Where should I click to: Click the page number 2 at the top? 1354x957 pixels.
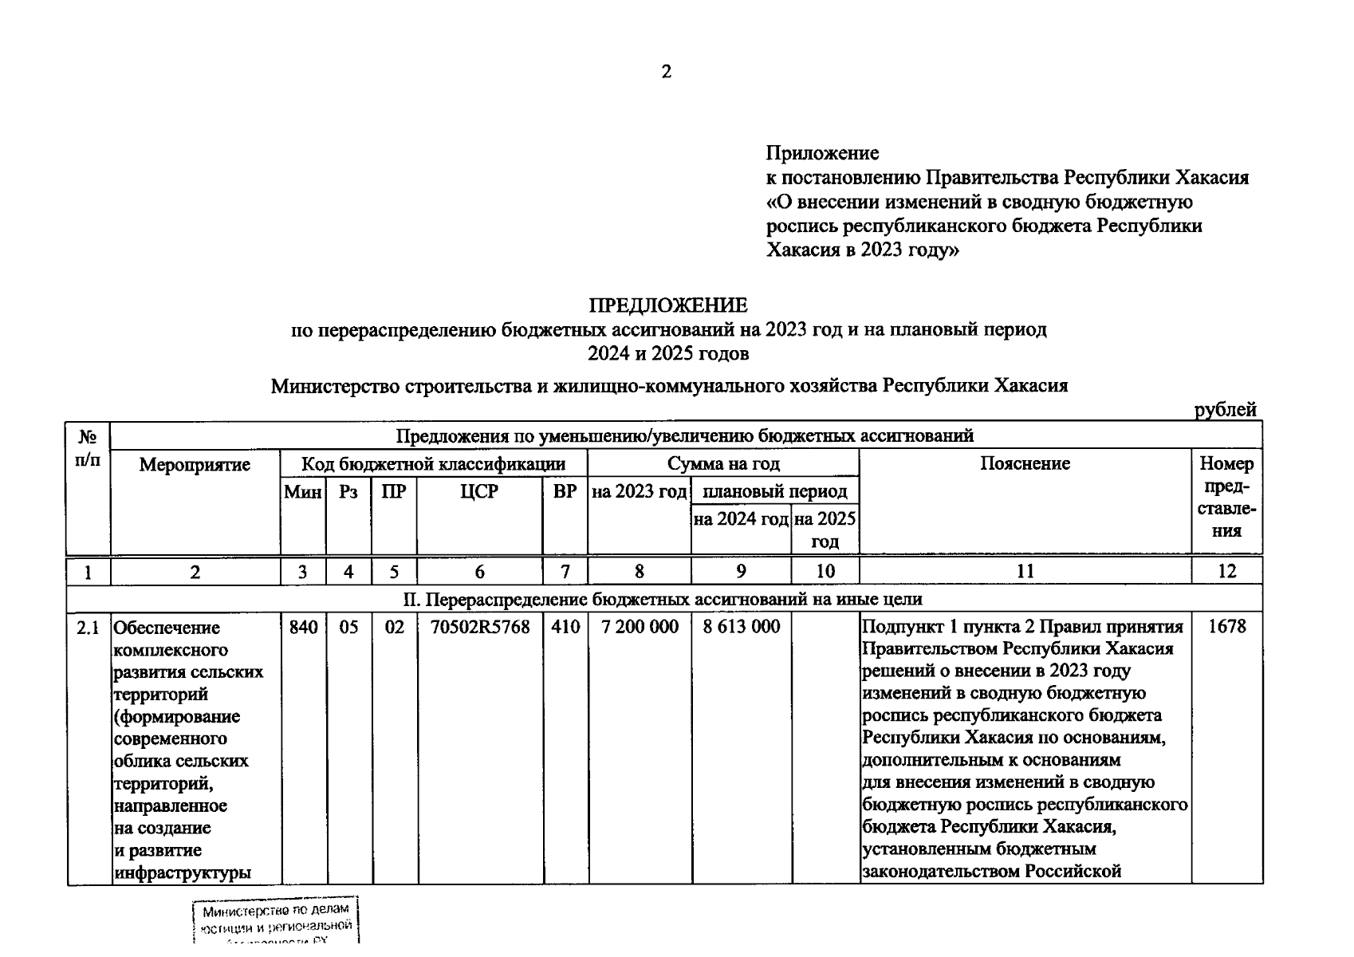tap(667, 72)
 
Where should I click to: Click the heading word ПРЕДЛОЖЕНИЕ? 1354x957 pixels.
tap(668, 305)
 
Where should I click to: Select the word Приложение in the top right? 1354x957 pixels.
tap(822, 152)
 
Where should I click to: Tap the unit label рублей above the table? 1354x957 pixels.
tap(1225, 410)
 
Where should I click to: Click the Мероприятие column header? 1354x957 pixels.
tap(195, 465)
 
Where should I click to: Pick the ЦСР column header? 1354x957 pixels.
tap(479, 492)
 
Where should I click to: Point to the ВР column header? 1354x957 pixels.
tap(565, 492)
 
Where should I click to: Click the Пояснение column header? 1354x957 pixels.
tap(1025, 464)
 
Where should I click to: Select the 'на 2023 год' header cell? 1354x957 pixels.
tap(639, 492)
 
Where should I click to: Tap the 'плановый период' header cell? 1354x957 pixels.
tap(774, 492)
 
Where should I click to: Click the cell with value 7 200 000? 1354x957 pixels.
tap(640, 627)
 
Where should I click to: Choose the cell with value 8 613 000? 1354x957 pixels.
tap(741, 627)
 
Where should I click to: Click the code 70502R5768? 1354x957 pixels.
tap(480, 627)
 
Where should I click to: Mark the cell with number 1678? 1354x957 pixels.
tap(1226, 627)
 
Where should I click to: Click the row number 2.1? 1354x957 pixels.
tap(88, 628)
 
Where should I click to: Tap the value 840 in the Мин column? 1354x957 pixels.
tap(303, 627)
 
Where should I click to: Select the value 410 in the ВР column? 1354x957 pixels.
tap(565, 627)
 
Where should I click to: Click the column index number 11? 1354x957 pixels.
tap(1025, 571)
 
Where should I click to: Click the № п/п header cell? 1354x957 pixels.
tap(88, 449)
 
